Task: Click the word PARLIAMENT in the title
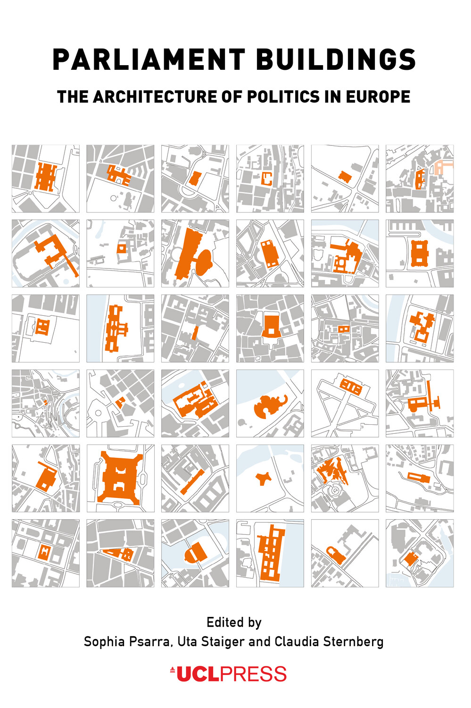(149, 59)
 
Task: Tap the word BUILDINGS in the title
(336, 59)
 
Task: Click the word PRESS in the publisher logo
(253, 674)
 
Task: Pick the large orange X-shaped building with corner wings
(120, 478)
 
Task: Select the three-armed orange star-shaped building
(263, 478)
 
